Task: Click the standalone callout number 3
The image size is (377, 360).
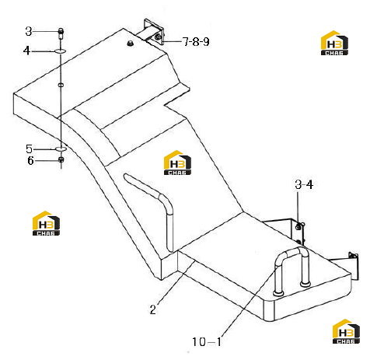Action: (29, 31)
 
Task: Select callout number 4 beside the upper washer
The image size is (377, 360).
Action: (26, 51)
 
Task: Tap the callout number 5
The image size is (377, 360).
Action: (29, 149)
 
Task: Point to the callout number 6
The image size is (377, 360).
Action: (30, 161)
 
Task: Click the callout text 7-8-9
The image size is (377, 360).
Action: (196, 41)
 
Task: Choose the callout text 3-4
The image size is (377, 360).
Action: (304, 184)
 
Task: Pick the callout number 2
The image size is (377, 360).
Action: (153, 309)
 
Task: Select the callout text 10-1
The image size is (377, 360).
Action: (207, 341)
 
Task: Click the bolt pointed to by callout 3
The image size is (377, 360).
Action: (61, 33)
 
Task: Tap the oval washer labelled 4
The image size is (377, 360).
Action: (60, 51)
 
